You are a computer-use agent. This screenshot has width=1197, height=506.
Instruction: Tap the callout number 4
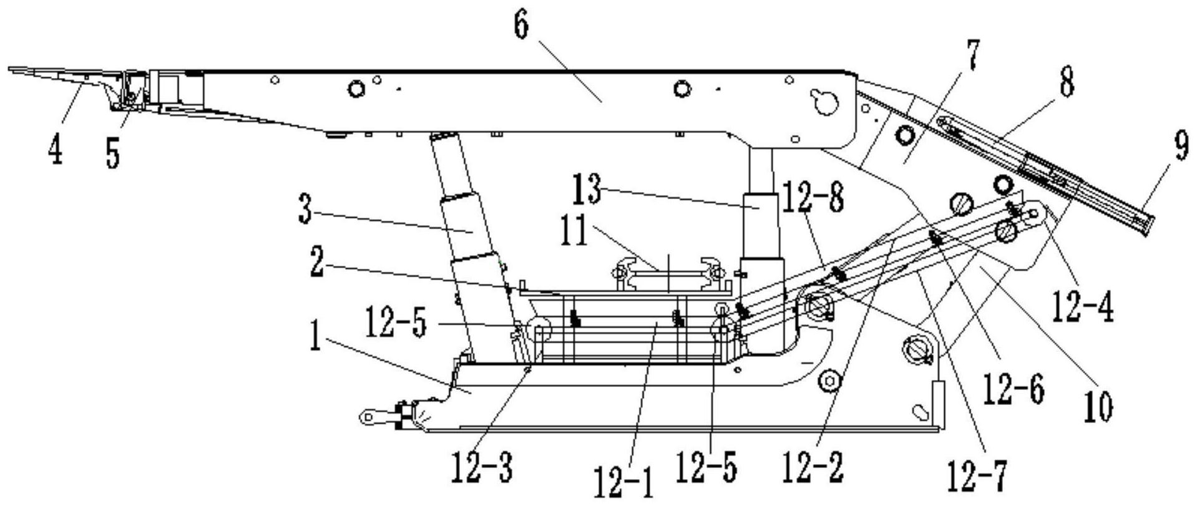click(56, 148)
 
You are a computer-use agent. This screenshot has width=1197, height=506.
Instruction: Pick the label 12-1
click(623, 483)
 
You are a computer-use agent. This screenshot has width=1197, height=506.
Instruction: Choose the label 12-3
click(482, 467)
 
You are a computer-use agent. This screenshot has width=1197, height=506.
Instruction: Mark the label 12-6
click(1014, 391)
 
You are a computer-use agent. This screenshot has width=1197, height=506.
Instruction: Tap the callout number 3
click(305, 210)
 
